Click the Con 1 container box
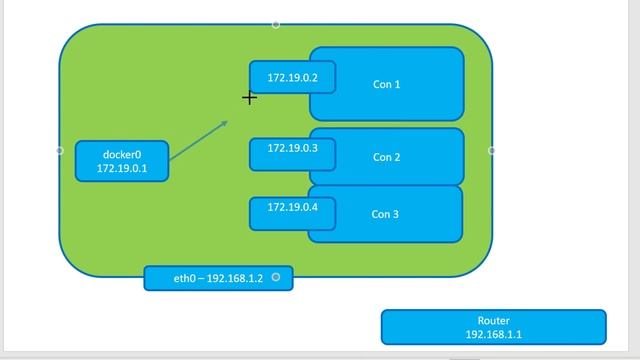pyautogui.click(x=400, y=85)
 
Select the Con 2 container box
pyautogui.click(x=400, y=157)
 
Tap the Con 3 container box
pyautogui.click(x=400, y=214)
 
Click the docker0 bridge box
pyautogui.click(x=122, y=161)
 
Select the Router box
pyautogui.click(x=493, y=327)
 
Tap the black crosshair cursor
pyautogui.click(x=249, y=97)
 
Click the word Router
pyautogui.click(x=493, y=321)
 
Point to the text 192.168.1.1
pyautogui.click(x=493, y=335)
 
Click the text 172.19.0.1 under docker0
pyautogui.click(x=122, y=169)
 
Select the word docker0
pyautogui.click(x=122, y=155)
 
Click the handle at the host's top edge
pyautogui.click(x=276, y=24)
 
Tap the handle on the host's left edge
pyautogui.click(x=59, y=150)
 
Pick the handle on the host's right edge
pyautogui.click(x=492, y=150)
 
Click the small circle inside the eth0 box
pyautogui.click(x=276, y=277)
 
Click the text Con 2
pyautogui.click(x=386, y=157)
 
